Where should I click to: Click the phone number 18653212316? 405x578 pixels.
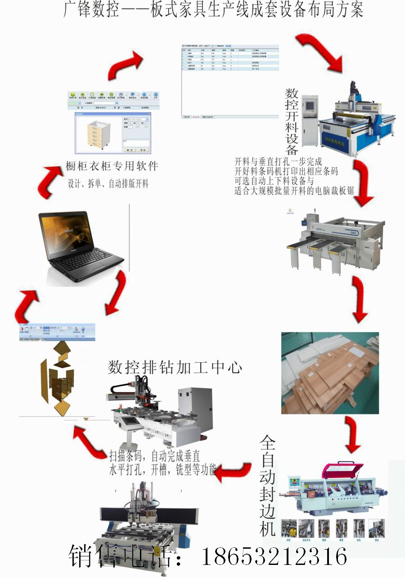(x=274, y=557)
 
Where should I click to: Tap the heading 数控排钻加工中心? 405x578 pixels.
(x=175, y=368)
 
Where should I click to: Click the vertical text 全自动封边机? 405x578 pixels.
(x=267, y=485)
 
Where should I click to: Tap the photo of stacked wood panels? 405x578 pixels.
(x=330, y=373)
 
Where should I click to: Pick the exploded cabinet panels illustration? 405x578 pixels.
(x=57, y=378)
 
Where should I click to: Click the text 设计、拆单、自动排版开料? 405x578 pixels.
(x=108, y=184)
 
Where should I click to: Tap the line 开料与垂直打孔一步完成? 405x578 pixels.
(x=279, y=161)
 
